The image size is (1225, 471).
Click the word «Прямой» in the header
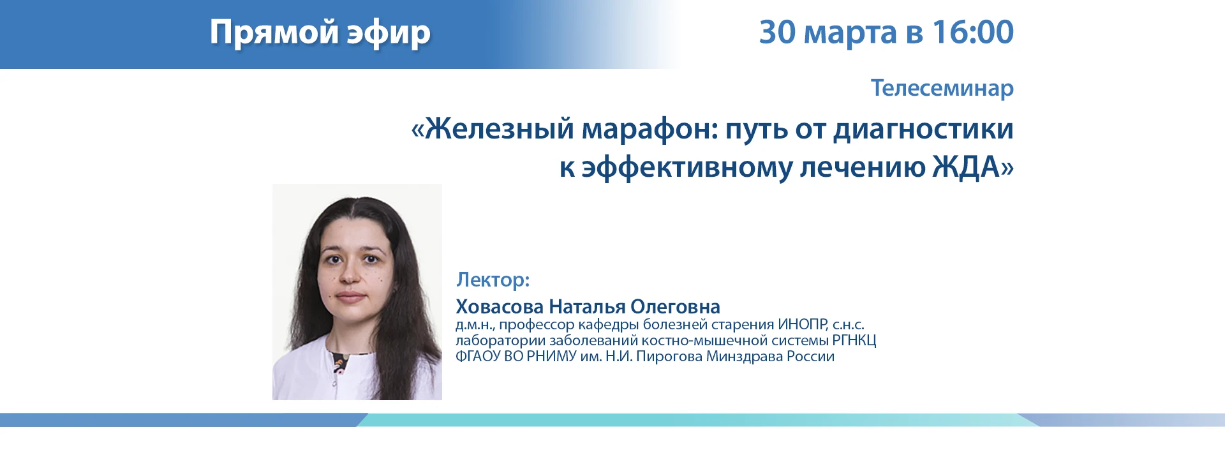pos(274,33)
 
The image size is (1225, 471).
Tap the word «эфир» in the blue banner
pos(389,33)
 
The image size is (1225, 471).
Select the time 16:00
pos(973,32)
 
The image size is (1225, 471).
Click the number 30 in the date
pos(777,32)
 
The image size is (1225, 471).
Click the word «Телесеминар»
pos(942,88)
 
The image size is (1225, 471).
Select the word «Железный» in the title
pos(500,129)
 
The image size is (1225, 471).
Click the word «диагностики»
pos(924,130)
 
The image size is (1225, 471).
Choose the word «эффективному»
pos(687,168)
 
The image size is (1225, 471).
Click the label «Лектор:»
pos(493,280)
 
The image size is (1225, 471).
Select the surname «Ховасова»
pos(500,307)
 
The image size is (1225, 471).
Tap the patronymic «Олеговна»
pos(675,307)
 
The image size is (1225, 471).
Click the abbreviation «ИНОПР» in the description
pos(803,324)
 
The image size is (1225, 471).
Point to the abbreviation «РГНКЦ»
pos(854,341)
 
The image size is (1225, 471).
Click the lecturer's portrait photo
pos(357,292)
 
